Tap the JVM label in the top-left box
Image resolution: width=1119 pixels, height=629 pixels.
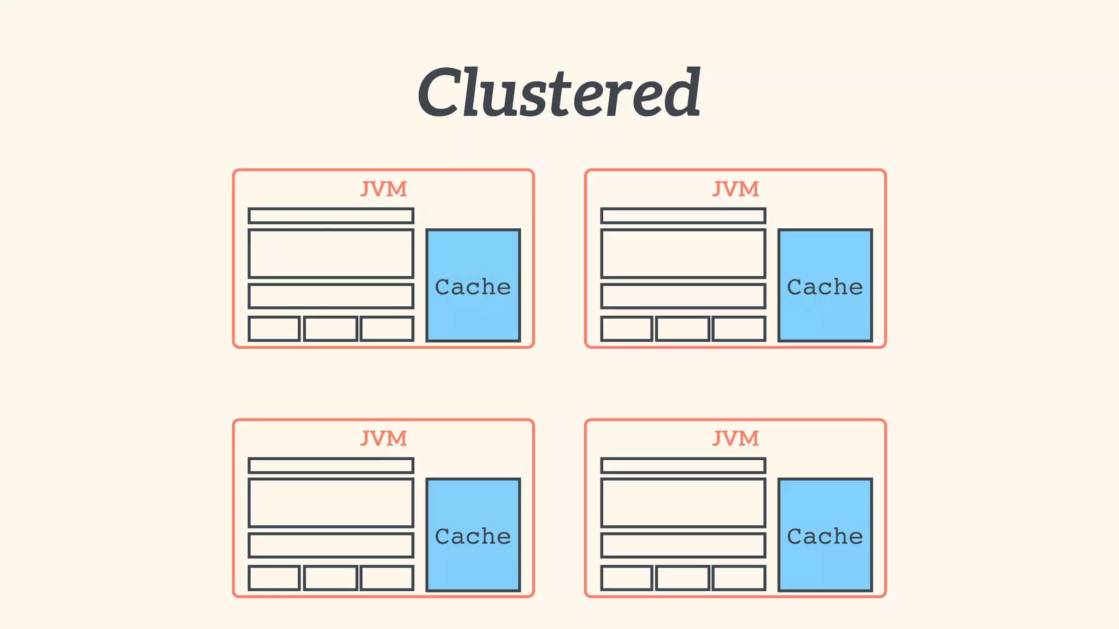coord(384,189)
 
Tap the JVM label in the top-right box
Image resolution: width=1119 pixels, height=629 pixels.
coord(735,189)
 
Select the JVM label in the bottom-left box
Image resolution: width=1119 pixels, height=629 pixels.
coord(384,438)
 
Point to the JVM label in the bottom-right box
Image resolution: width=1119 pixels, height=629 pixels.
coord(735,438)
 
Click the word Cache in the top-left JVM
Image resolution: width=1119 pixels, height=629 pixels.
coord(473,287)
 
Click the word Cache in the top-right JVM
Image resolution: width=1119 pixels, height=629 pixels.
coord(824,287)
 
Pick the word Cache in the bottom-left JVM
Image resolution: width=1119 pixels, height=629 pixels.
coord(473,537)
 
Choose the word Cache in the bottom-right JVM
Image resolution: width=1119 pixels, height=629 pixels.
coord(824,537)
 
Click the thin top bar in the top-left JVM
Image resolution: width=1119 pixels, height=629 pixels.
coord(331,216)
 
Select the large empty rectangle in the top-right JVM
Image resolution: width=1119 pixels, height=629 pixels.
coord(683,254)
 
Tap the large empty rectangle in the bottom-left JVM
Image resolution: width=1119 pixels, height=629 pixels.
coord(331,503)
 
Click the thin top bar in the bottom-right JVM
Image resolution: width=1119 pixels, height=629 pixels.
coord(683,465)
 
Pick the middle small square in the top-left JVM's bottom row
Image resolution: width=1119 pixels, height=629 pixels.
coord(331,329)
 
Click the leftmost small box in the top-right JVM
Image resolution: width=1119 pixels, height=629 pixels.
coord(627,329)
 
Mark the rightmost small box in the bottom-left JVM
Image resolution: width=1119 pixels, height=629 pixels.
coord(387,578)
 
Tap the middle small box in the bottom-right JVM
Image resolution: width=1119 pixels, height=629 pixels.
coord(683,578)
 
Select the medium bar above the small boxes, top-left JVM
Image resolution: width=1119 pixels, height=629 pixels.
coord(331,296)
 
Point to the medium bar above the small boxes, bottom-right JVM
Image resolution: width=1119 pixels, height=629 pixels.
coord(683,545)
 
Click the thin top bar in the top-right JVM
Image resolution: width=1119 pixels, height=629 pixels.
coord(683,216)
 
